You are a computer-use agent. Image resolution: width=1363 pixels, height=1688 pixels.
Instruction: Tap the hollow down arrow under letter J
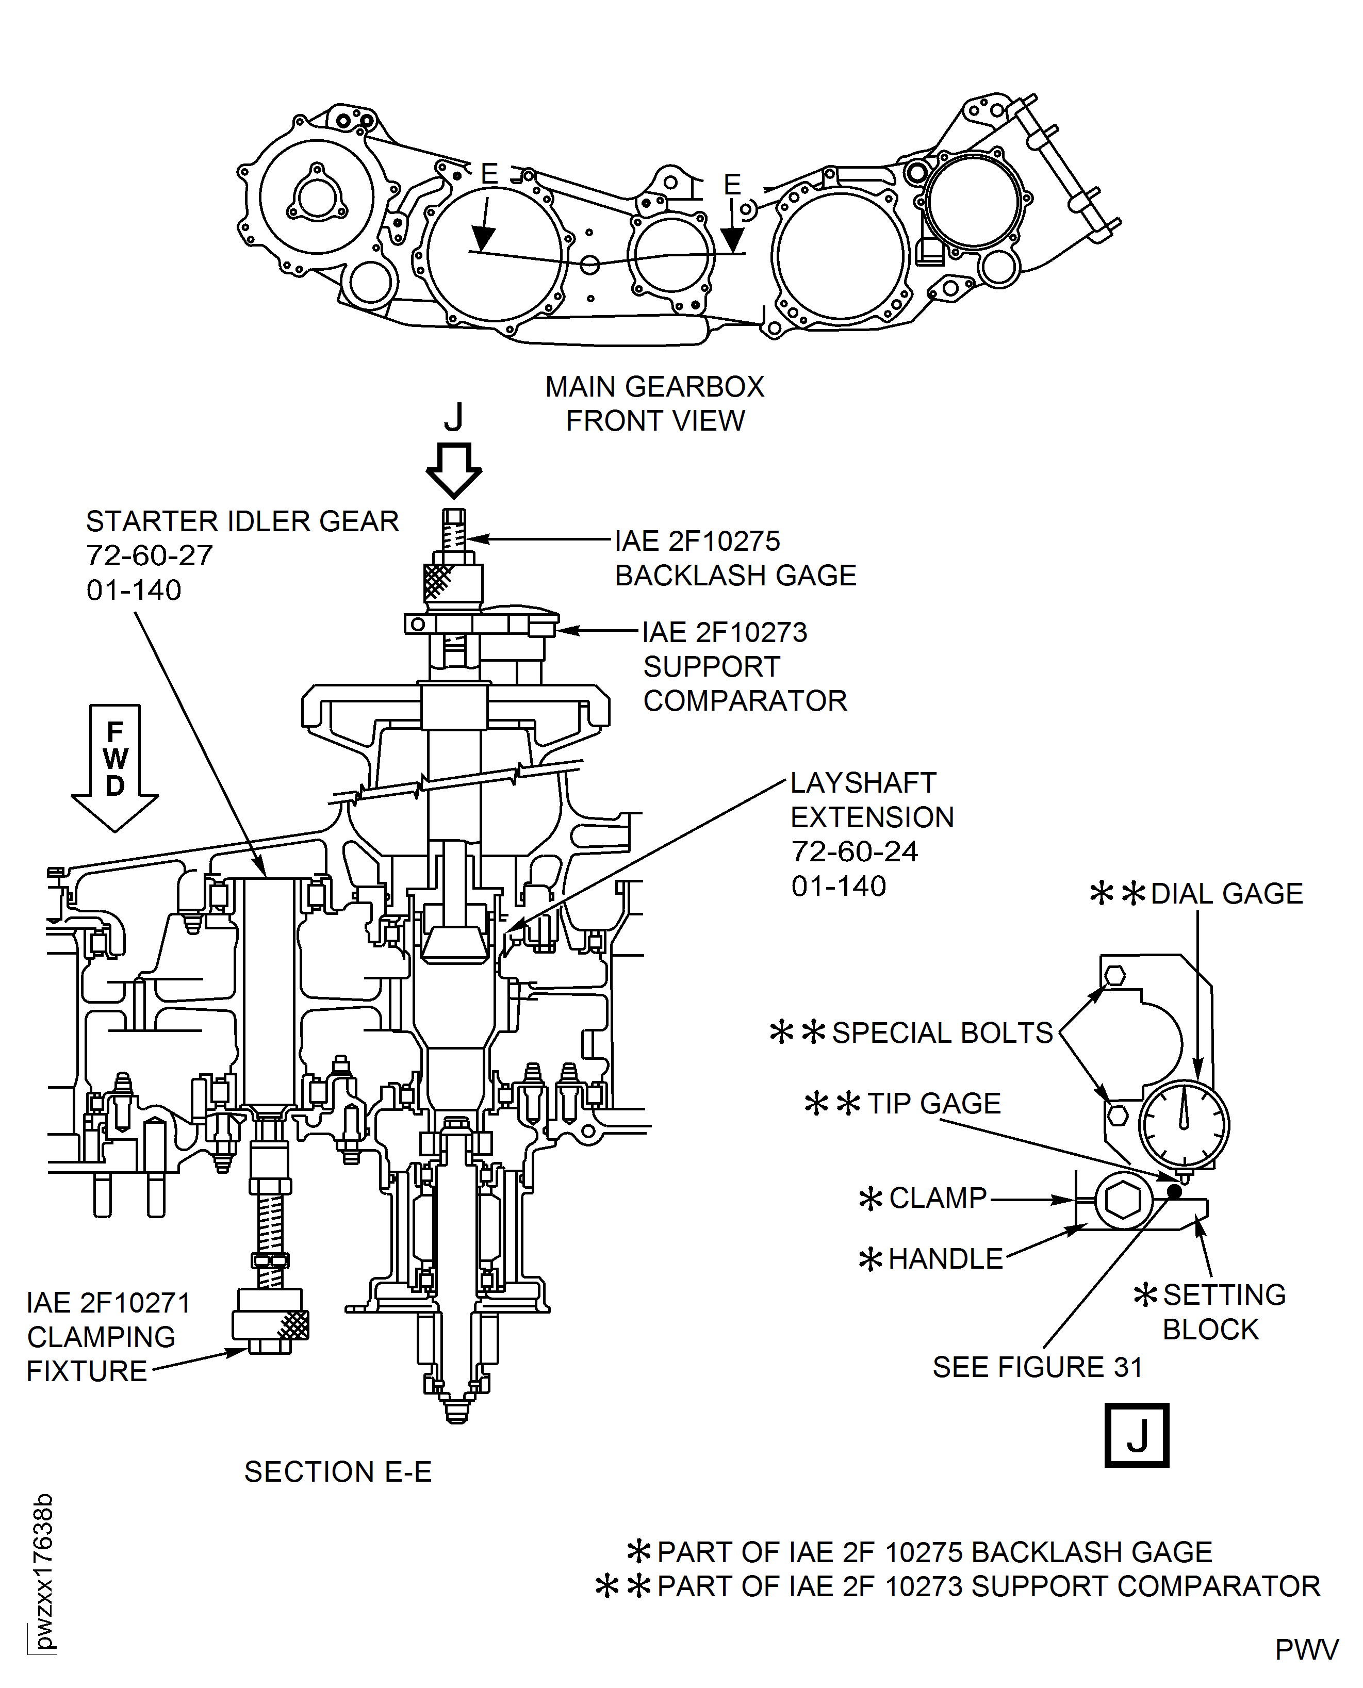point(454,469)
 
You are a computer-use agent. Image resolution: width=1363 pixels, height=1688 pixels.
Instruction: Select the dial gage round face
point(1184,1125)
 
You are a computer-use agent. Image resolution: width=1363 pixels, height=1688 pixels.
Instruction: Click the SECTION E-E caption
point(338,1472)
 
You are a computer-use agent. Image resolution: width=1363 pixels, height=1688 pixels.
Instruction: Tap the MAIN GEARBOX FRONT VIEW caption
point(655,403)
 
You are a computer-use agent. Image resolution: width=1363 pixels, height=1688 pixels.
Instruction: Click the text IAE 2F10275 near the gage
point(697,541)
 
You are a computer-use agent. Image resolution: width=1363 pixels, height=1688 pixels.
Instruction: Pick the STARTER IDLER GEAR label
point(242,522)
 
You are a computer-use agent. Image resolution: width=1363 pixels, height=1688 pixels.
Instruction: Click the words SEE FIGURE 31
point(1037,1367)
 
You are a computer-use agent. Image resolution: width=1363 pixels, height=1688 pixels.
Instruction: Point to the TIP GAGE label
point(933,1103)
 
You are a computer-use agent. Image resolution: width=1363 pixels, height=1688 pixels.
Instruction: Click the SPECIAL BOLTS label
point(942,1033)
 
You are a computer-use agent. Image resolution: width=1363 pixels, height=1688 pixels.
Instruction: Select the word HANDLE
point(945,1258)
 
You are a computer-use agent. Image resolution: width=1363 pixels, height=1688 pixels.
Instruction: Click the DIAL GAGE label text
point(1226,893)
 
